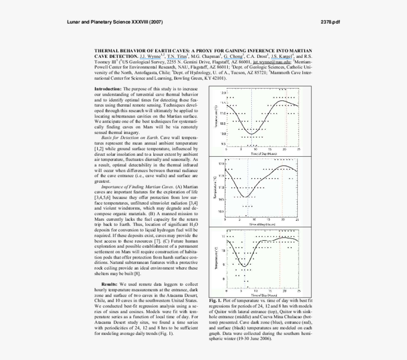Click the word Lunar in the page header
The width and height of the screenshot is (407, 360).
click(x=74, y=22)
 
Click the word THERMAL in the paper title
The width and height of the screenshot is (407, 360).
click(x=108, y=50)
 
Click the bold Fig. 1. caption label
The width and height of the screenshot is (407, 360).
click(x=215, y=300)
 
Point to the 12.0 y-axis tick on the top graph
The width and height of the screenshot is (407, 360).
click(x=223, y=92)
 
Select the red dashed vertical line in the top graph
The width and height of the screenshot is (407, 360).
click(x=286, y=118)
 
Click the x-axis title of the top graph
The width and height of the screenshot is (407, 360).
click(x=264, y=154)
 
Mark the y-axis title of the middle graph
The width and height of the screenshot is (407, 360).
click(x=214, y=187)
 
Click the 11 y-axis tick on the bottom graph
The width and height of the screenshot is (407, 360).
click(x=223, y=236)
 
